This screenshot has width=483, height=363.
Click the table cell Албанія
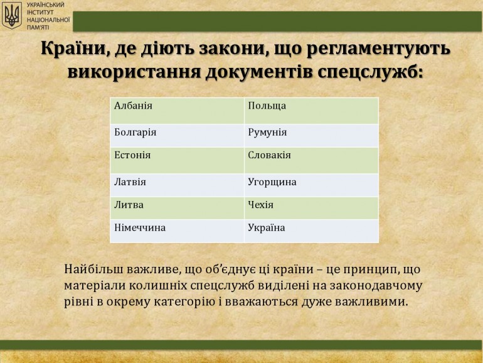point(177,111)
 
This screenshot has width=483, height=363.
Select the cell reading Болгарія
point(177,136)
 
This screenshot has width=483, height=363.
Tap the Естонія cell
point(177,160)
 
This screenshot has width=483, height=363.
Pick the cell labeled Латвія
point(177,185)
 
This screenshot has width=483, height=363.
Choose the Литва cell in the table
point(177,208)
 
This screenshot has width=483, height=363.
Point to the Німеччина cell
point(177,230)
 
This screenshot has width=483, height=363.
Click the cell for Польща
point(311,111)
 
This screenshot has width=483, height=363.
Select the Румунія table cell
point(311,136)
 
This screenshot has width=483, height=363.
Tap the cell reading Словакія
point(311,160)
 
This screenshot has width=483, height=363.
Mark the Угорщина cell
point(311,185)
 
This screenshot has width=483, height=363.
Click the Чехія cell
point(311,208)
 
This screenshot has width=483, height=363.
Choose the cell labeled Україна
point(311,230)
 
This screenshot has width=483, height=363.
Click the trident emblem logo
point(12,15)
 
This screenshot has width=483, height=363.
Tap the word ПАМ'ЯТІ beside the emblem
point(38,28)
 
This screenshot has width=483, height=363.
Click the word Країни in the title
point(75,49)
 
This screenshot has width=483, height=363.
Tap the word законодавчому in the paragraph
point(376,286)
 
